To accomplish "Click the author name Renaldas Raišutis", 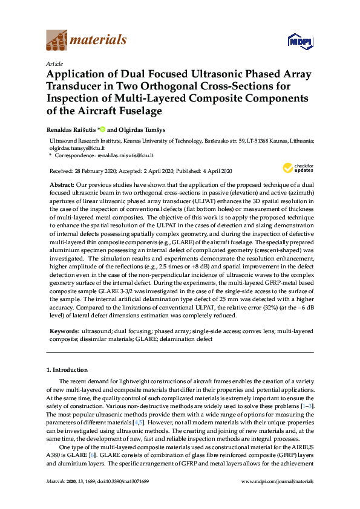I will tap(71, 129).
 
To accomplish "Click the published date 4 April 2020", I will tap(214, 171).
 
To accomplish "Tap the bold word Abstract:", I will tap(61, 183).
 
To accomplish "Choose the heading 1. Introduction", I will tap(67, 369).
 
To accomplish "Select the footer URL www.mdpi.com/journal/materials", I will tap(277, 481).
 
